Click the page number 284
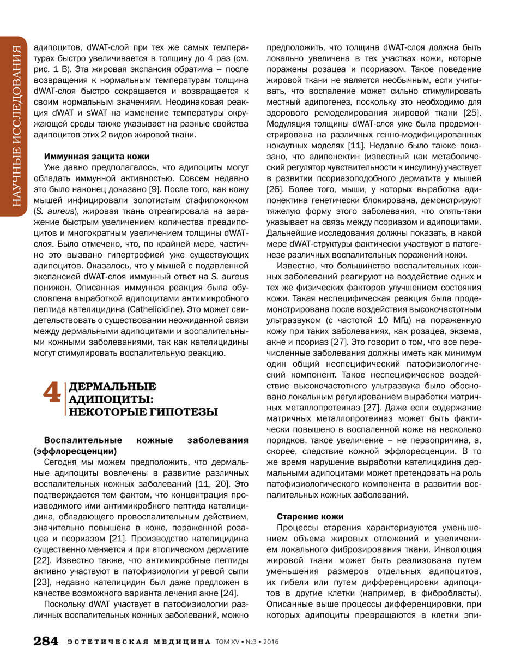click(46, 641)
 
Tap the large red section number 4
click(52, 393)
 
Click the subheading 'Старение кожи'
click(310, 516)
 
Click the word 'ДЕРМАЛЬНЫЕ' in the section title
click(113, 387)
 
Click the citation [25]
click(470, 112)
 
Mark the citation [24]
click(227, 593)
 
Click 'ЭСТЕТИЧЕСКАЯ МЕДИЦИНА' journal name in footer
click(139, 642)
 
